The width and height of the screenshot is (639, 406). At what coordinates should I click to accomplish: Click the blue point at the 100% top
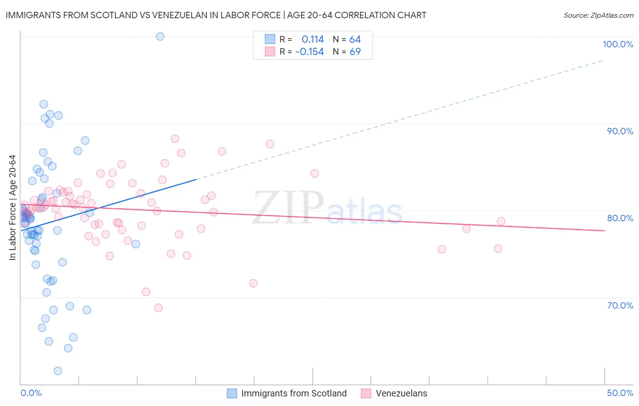(x=160, y=36)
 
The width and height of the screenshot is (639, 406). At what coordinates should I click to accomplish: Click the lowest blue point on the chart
(x=58, y=371)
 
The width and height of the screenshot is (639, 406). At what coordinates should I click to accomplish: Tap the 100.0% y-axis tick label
(x=618, y=44)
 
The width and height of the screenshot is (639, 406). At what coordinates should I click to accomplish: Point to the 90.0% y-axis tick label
(x=620, y=131)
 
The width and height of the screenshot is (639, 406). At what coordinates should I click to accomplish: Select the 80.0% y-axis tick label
(x=620, y=218)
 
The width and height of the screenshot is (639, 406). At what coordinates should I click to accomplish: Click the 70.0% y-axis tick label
(x=620, y=305)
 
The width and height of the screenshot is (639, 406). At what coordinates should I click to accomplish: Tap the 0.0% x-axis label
(x=31, y=393)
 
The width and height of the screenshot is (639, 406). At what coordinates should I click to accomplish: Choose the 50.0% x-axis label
(x=620, y=393)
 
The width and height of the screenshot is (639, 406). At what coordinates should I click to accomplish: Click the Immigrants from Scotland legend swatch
(x=232, y=393)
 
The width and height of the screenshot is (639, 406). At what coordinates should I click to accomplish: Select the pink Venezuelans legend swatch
(x=366, y=393)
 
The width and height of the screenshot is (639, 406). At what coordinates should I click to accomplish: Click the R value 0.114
(x=313, y=40)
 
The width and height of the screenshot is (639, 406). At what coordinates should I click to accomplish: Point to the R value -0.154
(x=310, y=52)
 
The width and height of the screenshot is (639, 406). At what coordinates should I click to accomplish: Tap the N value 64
(x=355, y=40)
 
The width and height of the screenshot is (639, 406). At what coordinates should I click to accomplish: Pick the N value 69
(x=355, y=52)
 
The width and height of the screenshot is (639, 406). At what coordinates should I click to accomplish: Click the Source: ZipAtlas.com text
(x=598, y=15)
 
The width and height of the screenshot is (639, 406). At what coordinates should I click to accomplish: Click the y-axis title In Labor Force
(x=12, y=208)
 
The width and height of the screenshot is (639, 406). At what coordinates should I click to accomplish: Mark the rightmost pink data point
(x=501, y=222)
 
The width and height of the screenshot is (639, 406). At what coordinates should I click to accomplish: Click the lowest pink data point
(x=158, y=308)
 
